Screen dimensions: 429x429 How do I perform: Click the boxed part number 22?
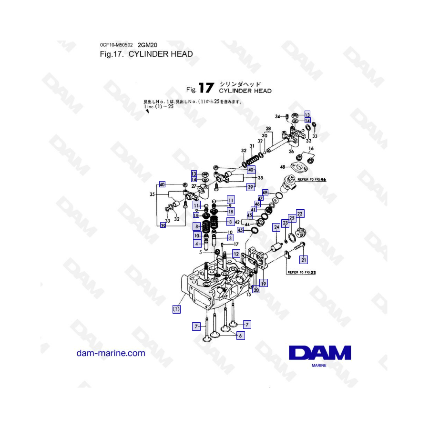300,214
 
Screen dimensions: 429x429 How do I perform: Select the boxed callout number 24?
276,228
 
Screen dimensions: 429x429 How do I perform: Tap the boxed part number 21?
304,260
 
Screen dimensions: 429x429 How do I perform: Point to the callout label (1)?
176,309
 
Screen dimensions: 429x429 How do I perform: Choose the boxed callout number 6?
241,336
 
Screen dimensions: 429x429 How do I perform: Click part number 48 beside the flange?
283,167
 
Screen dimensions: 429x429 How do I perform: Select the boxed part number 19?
263,283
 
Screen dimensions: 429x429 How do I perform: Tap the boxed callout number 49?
266,193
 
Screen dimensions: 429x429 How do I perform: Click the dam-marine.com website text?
111,353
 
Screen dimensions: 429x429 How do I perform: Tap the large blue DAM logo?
319,353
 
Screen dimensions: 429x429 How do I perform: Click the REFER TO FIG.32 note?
303,273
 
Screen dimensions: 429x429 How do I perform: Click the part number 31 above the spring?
252,146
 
